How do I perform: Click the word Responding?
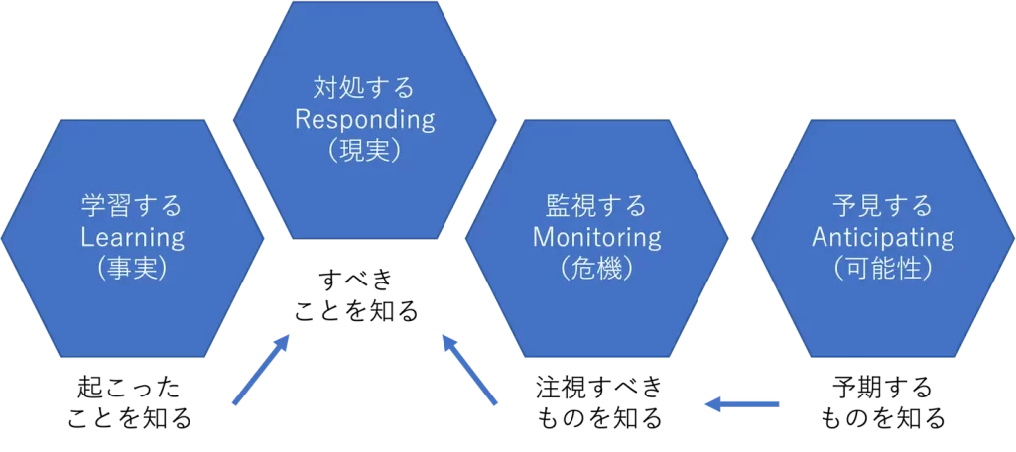[x=364, y=120]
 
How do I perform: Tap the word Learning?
[x=132, y=238]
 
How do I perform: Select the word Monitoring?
[x=596, y=238]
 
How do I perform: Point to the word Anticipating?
[x=882, y=238]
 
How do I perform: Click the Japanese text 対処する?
[x=364, y=89]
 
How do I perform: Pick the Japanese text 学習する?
[x=132, y=207]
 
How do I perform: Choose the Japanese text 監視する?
[x=596, y=207]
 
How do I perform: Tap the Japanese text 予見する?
[x=882, y=207]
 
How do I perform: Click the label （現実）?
[x=364, y=151]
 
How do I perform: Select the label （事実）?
[x=132, y=269]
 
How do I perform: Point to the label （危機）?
[x=596, y=269]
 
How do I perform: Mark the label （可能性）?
[x=882, y=269]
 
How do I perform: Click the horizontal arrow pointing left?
[x=741, y=403]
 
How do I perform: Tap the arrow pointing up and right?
[x=260, y=370]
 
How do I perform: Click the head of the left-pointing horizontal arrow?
[x=711, y=403]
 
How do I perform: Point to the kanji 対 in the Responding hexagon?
[x=325, y=89]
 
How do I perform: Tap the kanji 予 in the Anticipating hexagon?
[x=844, y=207]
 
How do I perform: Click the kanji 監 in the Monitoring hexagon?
[x=558, y=207]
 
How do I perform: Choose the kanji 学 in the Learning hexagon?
[x=93, y=207]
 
